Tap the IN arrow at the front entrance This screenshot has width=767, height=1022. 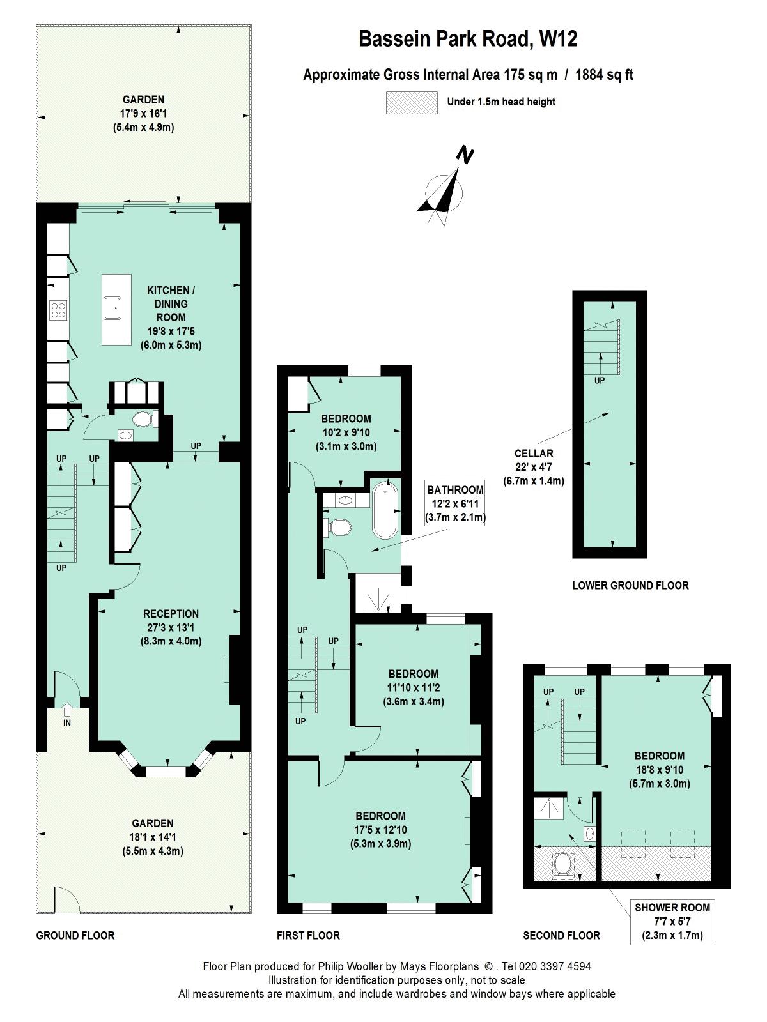67,710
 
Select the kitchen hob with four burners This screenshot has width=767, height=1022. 59,310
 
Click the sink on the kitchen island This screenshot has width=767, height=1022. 112,309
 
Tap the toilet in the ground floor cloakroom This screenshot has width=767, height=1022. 144,419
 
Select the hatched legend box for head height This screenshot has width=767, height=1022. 412,102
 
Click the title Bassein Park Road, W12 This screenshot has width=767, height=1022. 468,39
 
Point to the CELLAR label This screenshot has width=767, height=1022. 534,453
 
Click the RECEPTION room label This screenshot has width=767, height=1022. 171,614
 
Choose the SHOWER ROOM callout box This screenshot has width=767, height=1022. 672,922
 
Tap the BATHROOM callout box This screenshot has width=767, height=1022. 455,503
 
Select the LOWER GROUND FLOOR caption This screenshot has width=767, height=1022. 631,585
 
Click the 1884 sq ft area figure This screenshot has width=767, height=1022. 605,75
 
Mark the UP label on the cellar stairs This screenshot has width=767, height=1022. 600,381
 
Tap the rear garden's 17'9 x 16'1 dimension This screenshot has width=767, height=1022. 143,113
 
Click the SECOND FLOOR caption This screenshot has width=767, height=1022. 562,935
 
